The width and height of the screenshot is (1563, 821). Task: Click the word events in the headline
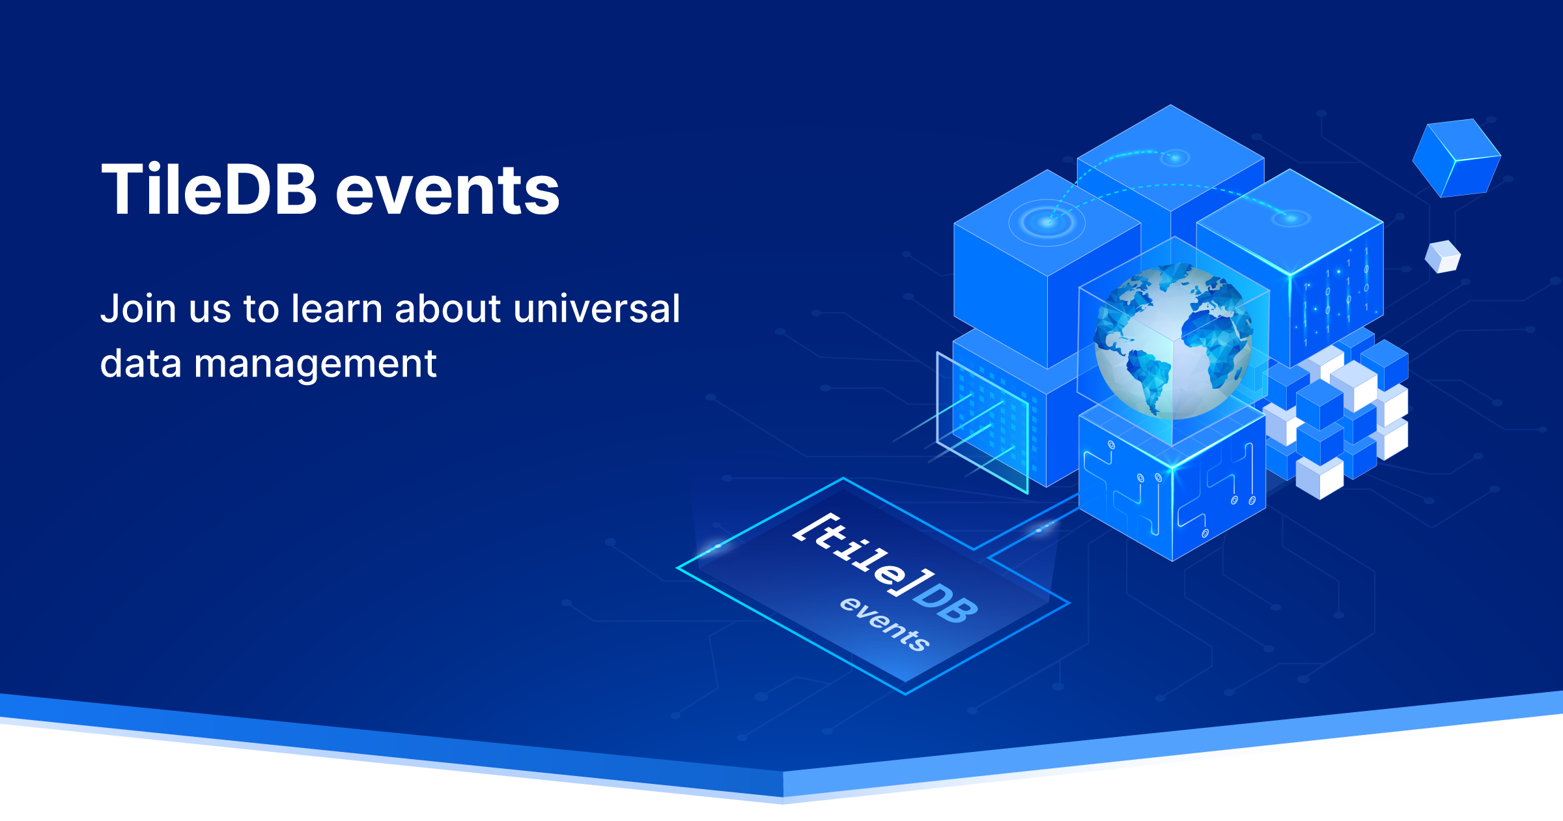click(x=447, y=193)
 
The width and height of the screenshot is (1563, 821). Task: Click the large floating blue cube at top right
click(x=1456, y=158)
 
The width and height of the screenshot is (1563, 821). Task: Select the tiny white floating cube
click(x=1443, y=256)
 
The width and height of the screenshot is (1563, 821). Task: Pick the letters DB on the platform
click(x=944, y=603)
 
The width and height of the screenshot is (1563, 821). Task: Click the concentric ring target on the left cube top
click(x=1047, y=222)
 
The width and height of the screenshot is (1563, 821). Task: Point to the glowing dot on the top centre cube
click(x=1175, y=157)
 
